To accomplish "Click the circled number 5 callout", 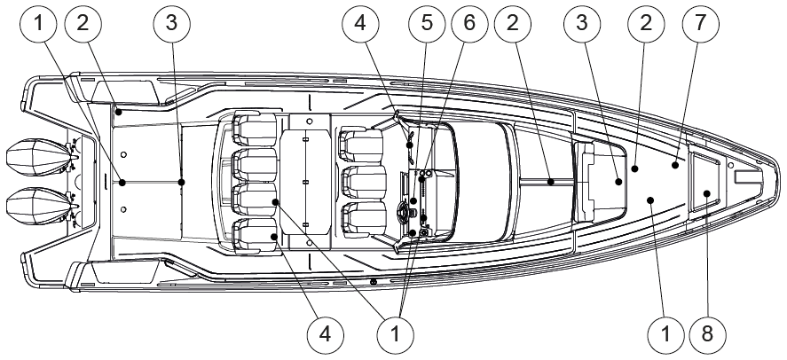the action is click(x=427, y=23).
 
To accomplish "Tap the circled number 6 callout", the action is click(x=469, y=23).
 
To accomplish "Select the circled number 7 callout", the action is click(x=700, y=23).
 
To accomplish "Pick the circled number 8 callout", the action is click(x=707, y=333).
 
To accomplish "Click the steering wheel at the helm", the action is click(x=405, y=213).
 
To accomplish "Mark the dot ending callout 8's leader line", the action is click(x=706, y=193).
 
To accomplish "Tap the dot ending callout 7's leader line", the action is click(x=675, y=164).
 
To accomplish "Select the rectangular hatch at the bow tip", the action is click(x=748, y=177).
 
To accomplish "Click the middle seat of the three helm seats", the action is click(x=364, y=183).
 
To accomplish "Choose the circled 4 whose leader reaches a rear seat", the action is click(x=326, y=333).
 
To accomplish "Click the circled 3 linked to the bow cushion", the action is click(x=582, y=23).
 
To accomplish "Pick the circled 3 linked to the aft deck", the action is click(x=171, y=23).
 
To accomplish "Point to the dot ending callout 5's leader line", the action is click(x=413, y=200).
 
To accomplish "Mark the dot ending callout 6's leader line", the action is click(x=422, y=178).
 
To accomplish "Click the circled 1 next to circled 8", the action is click(x=665, y=333).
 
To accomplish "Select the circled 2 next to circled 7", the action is click(x=645, y=23).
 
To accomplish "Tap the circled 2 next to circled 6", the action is click(x=513, y=23).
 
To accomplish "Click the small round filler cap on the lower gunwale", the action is click(x=374, y=282).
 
